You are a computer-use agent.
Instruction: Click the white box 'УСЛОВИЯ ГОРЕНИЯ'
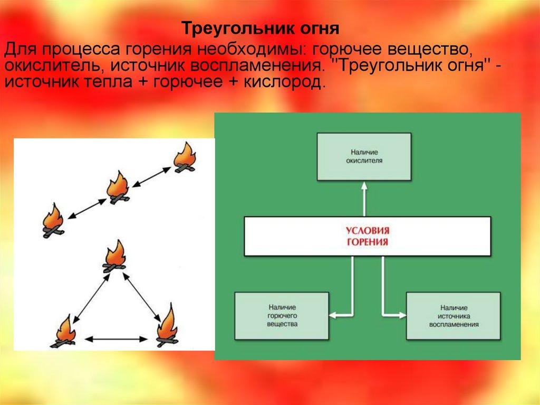click(367, 236)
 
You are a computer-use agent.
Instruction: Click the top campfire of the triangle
click(114, 257)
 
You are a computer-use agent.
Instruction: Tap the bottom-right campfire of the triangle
click(168, 328)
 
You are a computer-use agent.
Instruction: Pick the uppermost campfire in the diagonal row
click(184, 158)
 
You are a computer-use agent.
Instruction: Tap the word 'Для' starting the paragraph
click(20, 51)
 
